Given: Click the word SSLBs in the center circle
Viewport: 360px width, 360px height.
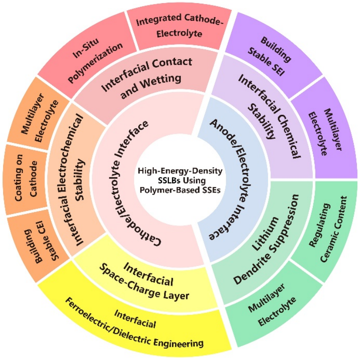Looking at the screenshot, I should (x=169, y=179).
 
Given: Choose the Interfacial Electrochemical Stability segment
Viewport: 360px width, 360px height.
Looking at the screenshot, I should (x=79, y=180).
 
